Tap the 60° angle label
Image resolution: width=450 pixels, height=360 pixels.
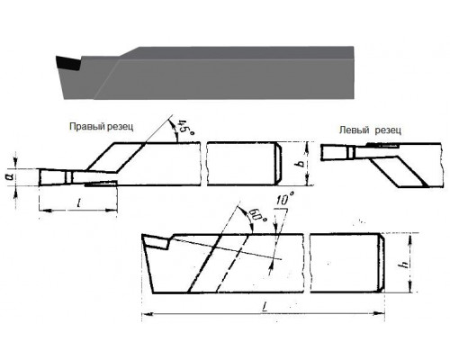point(256,216)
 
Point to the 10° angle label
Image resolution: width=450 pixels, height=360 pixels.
point(284,199)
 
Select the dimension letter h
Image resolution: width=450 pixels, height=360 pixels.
point(405,264)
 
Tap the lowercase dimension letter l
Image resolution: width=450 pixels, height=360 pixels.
point(78,203)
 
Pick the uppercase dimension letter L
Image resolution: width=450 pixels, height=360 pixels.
point(265,307)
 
